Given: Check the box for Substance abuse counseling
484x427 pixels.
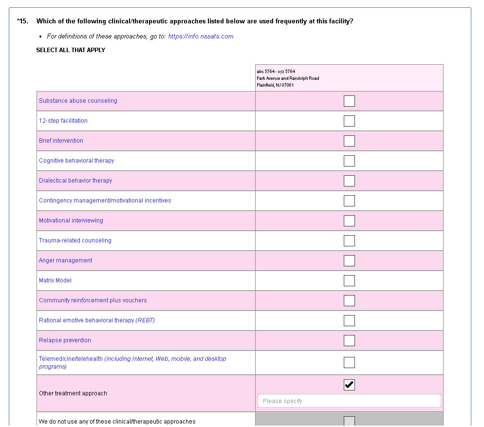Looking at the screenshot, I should (349, 101).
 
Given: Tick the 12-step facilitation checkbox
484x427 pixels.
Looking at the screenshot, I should (349, 121).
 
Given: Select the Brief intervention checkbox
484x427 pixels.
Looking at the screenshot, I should (349, 141).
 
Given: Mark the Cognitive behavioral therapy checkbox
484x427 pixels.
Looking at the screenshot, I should (349, 161).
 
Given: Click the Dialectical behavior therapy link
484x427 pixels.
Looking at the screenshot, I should (75, 181).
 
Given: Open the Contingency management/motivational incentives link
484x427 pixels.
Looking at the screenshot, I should (105, 201).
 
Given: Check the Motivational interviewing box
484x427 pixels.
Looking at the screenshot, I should (349, 221).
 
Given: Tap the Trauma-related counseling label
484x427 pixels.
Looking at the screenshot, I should (75, 241).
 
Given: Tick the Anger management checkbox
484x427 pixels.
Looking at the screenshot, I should (349, 260).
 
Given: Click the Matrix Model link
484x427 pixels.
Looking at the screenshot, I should (55, 280).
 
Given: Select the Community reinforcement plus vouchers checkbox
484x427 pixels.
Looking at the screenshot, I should (349, 300).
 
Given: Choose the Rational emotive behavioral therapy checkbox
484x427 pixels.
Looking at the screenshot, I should (349, 320).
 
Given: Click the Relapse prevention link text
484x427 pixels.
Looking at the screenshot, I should (65, 340).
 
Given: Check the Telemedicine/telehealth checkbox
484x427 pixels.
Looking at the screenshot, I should (349, 362).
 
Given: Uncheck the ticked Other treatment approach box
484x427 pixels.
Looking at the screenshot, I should (349, 385).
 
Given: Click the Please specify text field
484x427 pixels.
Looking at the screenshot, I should (349, 401).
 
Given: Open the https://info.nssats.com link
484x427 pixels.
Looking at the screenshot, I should (201, 37).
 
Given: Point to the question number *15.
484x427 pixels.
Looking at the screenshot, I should (22, 21).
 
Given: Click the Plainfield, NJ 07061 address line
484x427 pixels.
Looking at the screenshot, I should (275, 85).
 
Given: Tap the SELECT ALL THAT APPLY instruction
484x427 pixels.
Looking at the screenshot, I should (71, 50).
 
